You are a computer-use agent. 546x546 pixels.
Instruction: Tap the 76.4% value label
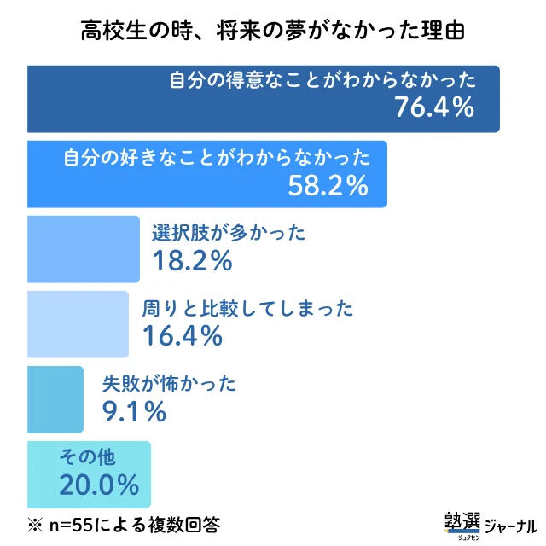tap(433, 107)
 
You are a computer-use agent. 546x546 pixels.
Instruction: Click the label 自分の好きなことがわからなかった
tap(218, 158)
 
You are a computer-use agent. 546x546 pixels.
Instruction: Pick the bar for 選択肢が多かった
tap(84, 249)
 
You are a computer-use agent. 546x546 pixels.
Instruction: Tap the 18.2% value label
tap(192, 260)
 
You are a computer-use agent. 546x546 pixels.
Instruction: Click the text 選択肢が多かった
tap(228, 234)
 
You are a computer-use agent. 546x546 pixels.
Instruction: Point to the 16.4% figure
tap(183, 335)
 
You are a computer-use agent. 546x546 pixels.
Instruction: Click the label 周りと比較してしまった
tap(247, 309)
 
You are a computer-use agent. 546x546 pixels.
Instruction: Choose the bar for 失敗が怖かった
tap(55, 399)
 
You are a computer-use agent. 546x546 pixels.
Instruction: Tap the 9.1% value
tap(134, 411)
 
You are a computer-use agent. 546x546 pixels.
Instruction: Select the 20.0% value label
tap(99, 485)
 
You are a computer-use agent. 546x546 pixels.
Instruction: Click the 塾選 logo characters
tap(462, 521)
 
